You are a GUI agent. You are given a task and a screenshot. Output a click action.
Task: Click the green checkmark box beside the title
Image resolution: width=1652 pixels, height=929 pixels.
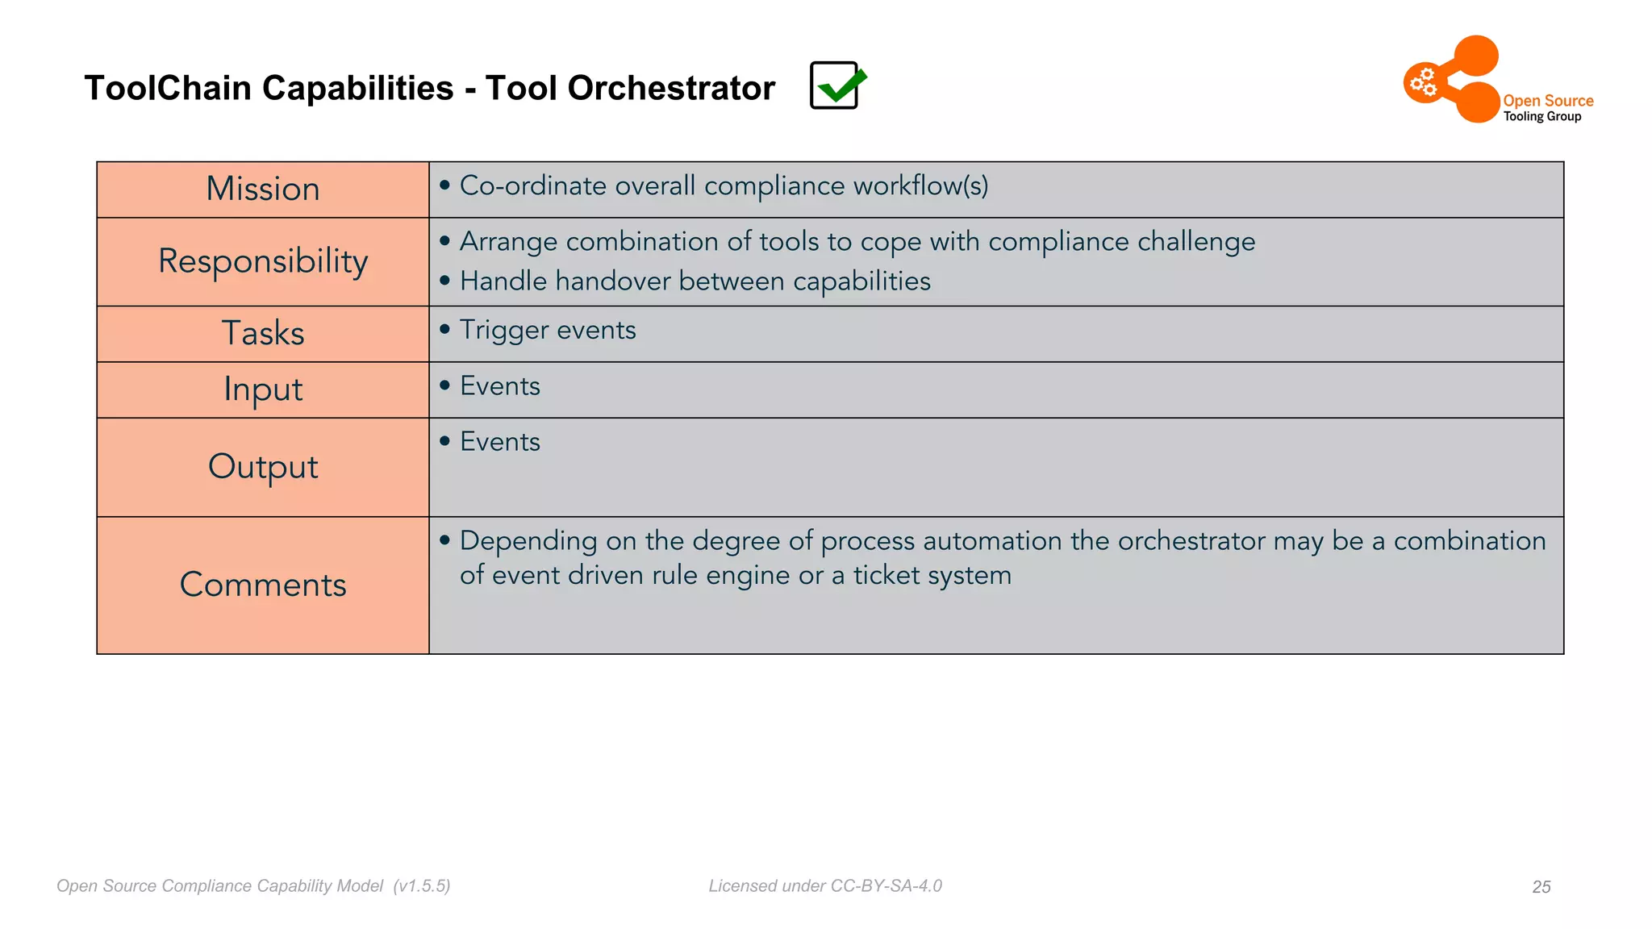click(x=836, y=85)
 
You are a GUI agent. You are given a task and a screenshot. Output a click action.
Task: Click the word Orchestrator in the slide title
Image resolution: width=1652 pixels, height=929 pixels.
click(x=670, y=88)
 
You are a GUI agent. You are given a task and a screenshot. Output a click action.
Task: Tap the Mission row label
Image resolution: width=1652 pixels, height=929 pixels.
click(x=263, y=190)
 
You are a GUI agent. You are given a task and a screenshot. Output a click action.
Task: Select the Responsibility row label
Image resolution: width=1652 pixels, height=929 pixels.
click(x=263, y=261)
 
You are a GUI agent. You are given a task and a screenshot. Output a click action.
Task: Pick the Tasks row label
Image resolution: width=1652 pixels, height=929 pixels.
click(x=263, y=333)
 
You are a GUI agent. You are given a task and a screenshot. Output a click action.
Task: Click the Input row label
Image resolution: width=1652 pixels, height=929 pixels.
click(x=263, y=390)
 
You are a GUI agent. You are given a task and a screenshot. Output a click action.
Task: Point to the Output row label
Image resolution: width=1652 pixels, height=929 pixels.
click(x=263, y=467)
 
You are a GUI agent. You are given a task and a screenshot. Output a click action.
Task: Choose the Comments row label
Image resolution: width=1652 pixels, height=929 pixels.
click(x=263, y=585)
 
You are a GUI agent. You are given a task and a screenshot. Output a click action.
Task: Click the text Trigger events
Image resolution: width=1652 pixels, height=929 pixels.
click(x=548, y=330)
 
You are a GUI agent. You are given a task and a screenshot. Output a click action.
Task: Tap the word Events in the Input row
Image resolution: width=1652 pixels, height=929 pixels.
click(x=500, y=386)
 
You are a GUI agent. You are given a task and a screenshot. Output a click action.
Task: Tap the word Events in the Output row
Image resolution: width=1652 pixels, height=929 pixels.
click(x=500, y=442)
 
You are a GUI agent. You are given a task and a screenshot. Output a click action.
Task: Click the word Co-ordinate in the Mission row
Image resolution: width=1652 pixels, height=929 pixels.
click(x=532, y=186)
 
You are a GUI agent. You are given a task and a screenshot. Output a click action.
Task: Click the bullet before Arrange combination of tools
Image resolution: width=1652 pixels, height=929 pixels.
click(x=444, y=241)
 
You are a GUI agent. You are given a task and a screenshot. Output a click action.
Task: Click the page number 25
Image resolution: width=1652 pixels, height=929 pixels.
click(x=1541, y=887)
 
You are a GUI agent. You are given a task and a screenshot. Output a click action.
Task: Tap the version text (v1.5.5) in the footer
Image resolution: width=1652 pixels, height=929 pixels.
click(x=422, y=886)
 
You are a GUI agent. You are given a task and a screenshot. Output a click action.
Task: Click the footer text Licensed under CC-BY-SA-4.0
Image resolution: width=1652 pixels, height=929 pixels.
click(x=825, y=886)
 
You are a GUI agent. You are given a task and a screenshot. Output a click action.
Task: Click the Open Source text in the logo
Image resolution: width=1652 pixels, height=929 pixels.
click(x=1548, y=101)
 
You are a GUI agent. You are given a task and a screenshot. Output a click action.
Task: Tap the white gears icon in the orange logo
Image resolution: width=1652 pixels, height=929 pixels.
click(x=1424, y=82)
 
